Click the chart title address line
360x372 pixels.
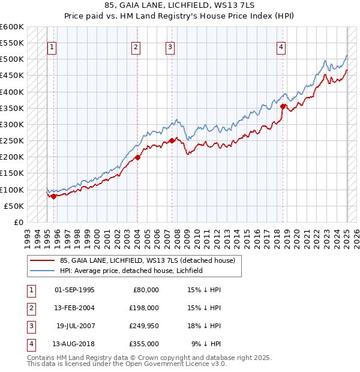pyautogui.click(x=179, y=7)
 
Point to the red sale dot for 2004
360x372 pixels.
pyautogui.click(x=137, y=158)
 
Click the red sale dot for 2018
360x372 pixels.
pyautogui.click(x=283, y=107)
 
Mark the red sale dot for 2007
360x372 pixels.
pyautogui.click(x=172, y=141)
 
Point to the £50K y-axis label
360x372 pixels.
pyautogui.click(x=14, y=206)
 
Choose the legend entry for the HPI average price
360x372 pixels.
pyautogui.click(x=131, y=271)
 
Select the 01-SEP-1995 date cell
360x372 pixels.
pyautogui.click(x=74, y=289)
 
